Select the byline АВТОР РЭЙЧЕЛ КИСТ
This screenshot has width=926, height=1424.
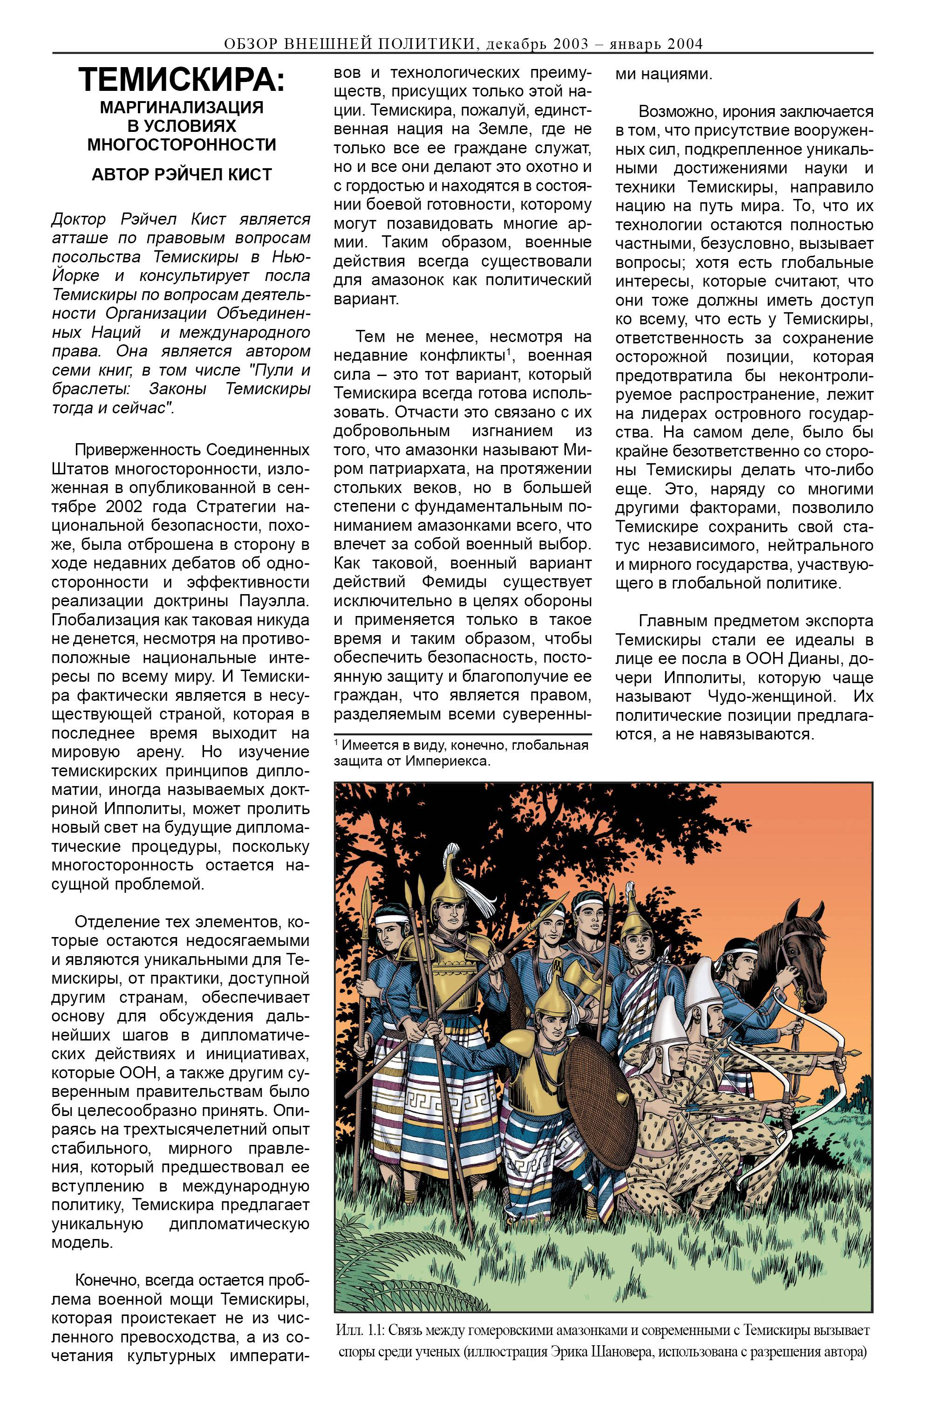click(x=181, y=174)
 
